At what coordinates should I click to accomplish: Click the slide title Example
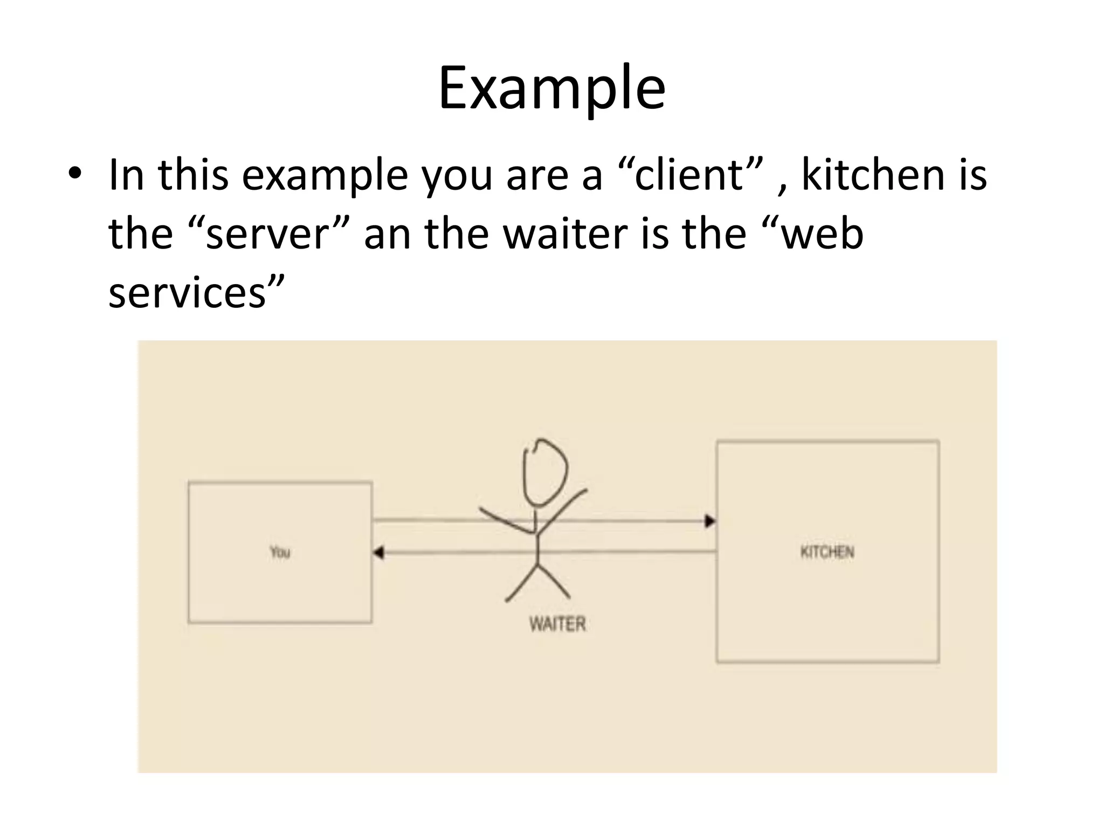tap(551, 88)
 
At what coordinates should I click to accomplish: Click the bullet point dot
tap(75, 174)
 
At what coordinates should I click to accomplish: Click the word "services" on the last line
tap(187, 293)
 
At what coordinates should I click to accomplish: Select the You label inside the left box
tap(280, 552)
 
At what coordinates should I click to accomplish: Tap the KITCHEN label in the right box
tap(827, 552)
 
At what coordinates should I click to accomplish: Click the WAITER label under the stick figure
tap(557, 624)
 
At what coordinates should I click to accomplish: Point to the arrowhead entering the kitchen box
tap(710, 521)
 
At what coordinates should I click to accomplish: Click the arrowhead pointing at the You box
tap(378, 553)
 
